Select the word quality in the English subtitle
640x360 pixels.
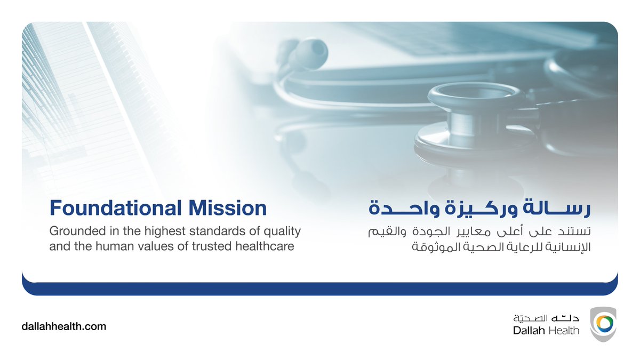tap(283, 232)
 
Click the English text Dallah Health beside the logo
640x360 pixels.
tap(546, 331)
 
